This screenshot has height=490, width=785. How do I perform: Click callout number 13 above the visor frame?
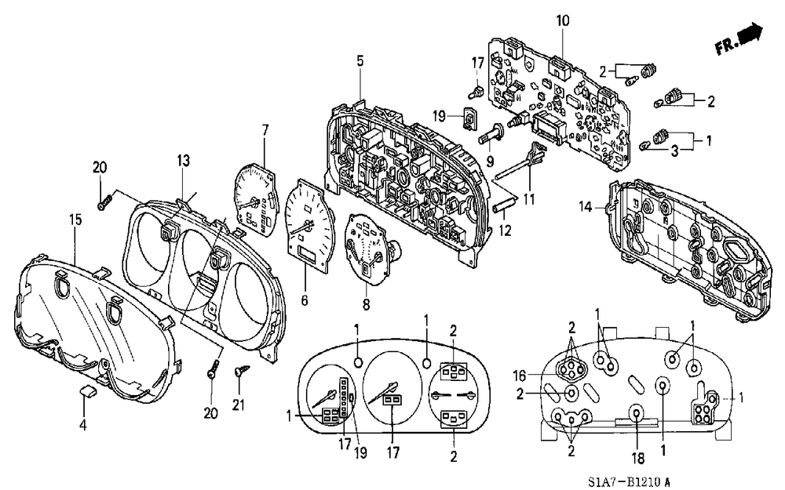[x=183, y=162]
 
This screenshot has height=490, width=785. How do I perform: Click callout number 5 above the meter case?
[x=360, y=60]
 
